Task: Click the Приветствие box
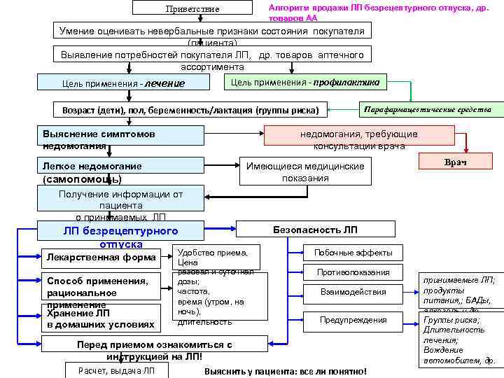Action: pos(192,8)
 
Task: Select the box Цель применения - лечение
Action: pos(125,83)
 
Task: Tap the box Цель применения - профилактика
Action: pos(305,82)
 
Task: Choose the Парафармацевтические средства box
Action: pos(426,109)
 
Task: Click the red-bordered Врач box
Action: pos(455,162)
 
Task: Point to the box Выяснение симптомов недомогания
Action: pos(120,139)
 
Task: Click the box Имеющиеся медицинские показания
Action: pos(305,172)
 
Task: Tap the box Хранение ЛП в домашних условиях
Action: pos(101,319)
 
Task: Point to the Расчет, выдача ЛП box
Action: pos(117,370)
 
